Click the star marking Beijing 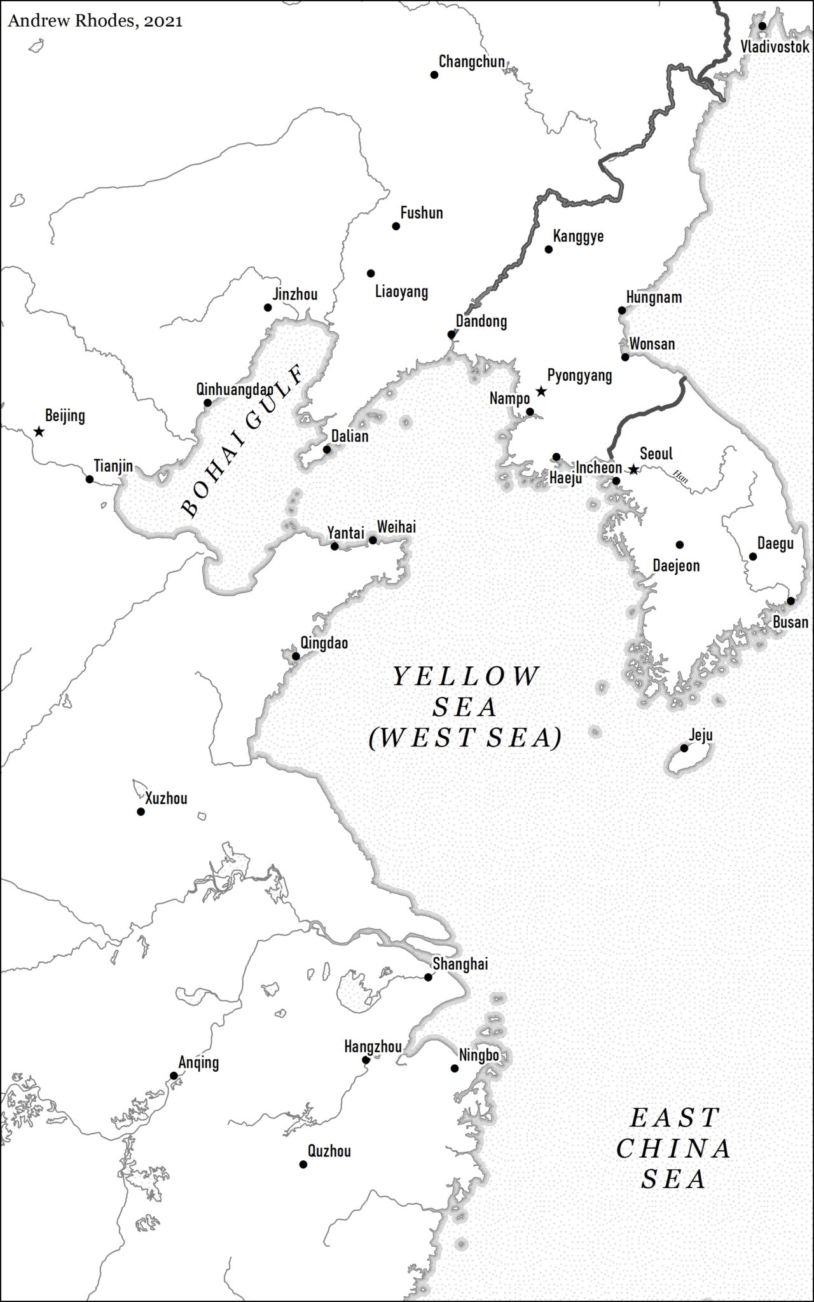(x=39, y=432)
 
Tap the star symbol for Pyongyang (x=541, y=392)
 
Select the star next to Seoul (x=633, y=470)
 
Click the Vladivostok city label (x=775, y=46)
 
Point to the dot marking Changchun (x=434, y=75)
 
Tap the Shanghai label (x=460, y=964)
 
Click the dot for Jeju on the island (x=684, y=748)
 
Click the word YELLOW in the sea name (x=466, y=676)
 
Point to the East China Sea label (x=673, y=1148)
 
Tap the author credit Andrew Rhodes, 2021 (x=95, y=21)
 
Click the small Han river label (x=680, y=477)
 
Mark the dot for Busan (x=790, y=601)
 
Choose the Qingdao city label (x=324, y=643)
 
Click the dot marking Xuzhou (x=141, y=812)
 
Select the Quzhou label (x=329, y=1151)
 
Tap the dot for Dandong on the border (x=452, y=334)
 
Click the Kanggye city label (x=578, y=236)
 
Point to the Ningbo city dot (x=455, y=1069)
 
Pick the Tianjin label (x=113, y=466)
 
